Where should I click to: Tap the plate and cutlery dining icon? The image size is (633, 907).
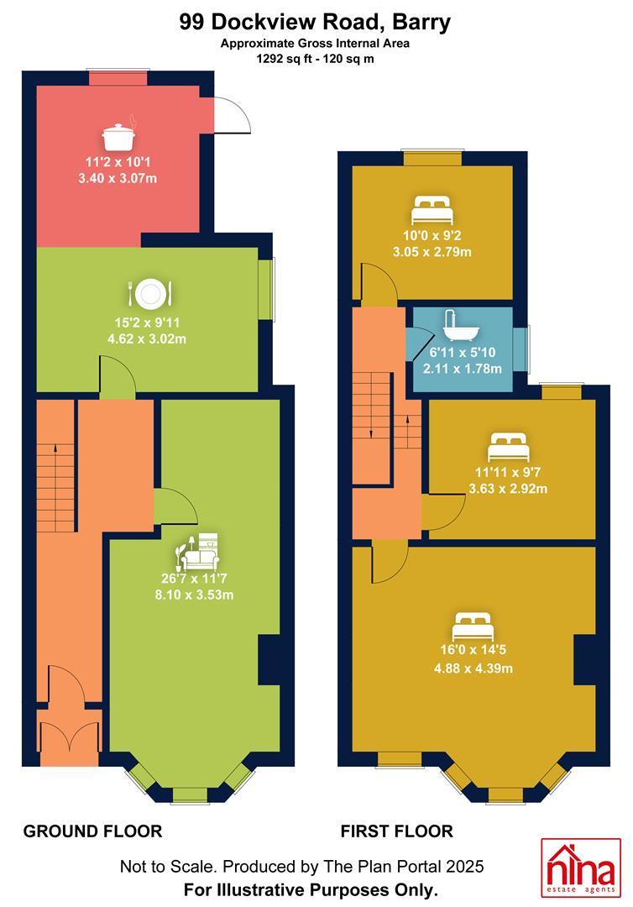pyautogui.click(x=149, y=295)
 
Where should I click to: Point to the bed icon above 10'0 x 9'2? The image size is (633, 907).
pyautogui.click(x=431, y=211)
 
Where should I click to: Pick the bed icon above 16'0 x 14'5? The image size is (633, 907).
pyautogui.click(x=473, y=627)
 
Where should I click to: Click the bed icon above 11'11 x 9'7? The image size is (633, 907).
pyautogui.click(x=508, y=447)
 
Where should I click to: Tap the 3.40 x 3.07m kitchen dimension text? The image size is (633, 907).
pyautogui.click(x=118, y=178)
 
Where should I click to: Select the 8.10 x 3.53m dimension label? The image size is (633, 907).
pyautogui.click(x=194, y=595)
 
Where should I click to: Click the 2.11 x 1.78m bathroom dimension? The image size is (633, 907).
pyautogui.click(x=463, y=369)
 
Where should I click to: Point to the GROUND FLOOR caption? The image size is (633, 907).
pyautogui.click(x=92, y=831)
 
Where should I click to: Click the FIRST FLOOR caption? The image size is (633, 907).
pyautogui.click(x=396, y=831)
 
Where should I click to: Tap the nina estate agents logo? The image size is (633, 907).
pyautogui.click(x=580, y=868)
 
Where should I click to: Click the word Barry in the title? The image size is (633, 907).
pyautogui.click(x=421, y=22)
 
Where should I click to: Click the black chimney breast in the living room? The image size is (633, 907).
pyautogui.click(x=269, y=659)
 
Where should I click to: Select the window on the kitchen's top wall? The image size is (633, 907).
pyautogui.click(x=118, y=78)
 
